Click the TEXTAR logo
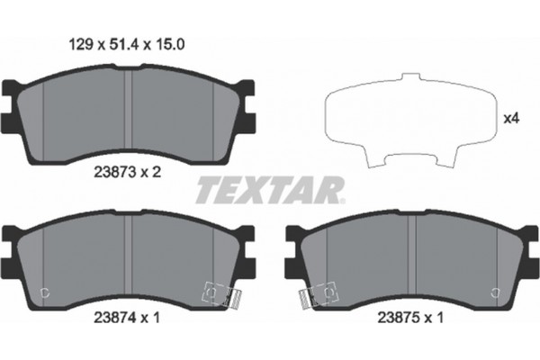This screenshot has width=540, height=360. click(269, 190)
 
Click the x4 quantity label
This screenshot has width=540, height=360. click(510, 118)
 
